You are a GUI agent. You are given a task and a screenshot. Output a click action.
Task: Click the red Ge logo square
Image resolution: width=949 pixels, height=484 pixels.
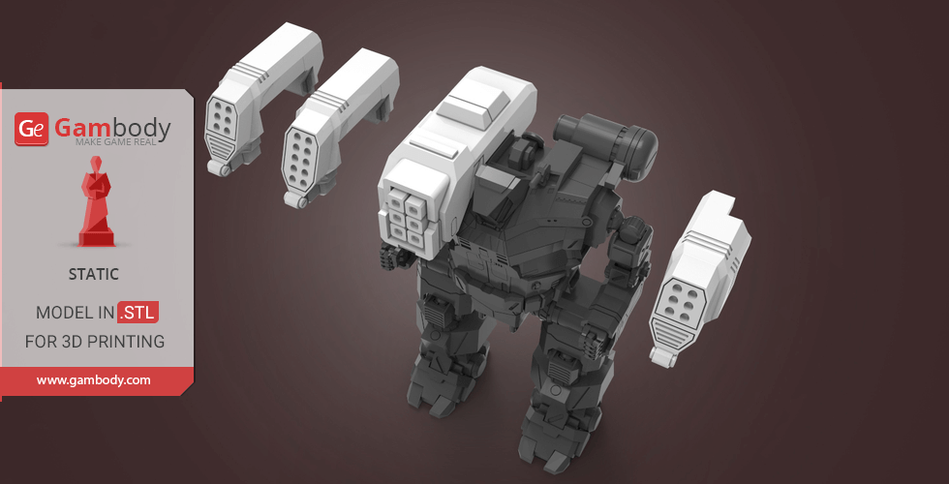click(31, 129)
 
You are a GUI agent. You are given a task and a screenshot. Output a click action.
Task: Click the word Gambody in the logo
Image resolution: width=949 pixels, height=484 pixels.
click(112, 128)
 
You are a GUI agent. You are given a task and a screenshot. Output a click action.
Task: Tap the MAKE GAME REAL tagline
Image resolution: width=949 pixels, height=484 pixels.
click(115, 142)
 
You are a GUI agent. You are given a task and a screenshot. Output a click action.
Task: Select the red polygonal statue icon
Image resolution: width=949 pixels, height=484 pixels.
click(96, 201)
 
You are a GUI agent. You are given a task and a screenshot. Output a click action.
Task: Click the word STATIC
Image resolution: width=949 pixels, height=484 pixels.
click(93, 274)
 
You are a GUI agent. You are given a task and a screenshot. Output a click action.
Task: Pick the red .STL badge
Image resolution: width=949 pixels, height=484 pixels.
click(138, 312)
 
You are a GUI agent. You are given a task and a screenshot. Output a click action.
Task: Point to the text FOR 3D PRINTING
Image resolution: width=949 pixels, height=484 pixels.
click(95, 342)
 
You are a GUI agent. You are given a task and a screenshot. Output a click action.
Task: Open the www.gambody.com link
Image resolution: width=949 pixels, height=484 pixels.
click(93, 380)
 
